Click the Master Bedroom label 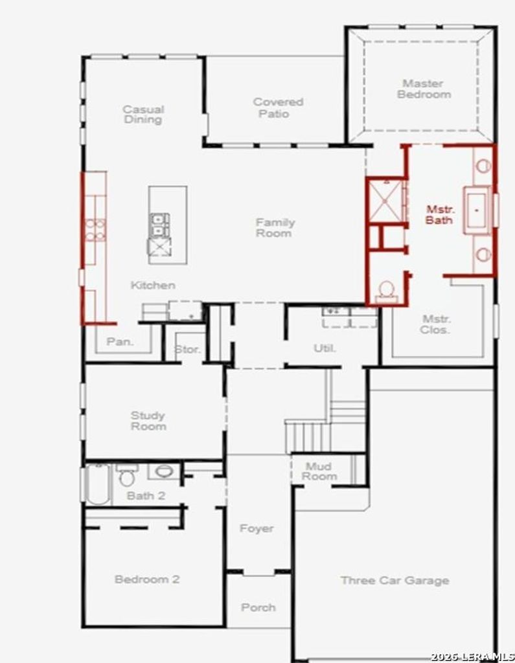point(424,89)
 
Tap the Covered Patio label point(278,108)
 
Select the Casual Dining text point(143,114)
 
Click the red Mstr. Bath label point(440,214)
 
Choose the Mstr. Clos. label point(436,324)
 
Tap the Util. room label point(325,348)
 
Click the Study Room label point(148,421)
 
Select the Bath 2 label point(146,495)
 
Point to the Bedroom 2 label point(147,579)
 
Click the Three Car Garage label point(395,581)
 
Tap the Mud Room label point(319,471)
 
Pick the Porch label point(258,607)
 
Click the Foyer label point(257,528)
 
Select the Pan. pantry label point(120,341)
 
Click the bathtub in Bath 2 point(98,484)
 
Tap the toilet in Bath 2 point(126,475)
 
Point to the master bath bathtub point(477,210)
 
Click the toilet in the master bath point(386,292)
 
